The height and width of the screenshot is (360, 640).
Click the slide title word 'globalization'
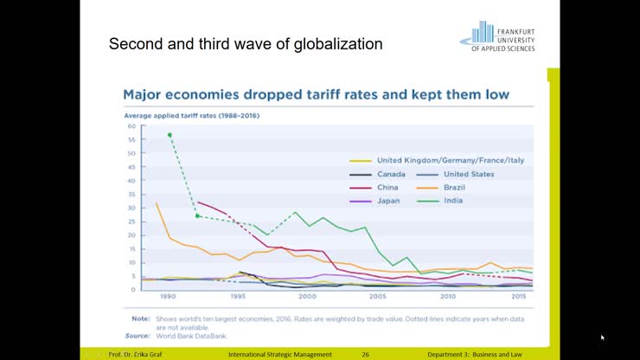tap(336, 43)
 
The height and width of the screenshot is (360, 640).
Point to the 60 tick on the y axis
tap(132, 127)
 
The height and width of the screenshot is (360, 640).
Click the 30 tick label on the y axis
tap(132, 209)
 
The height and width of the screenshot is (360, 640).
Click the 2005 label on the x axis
tap(377, 296)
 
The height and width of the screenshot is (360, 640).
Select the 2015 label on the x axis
tap(519, 296)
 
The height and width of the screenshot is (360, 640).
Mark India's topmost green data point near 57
tap(170, 135)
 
